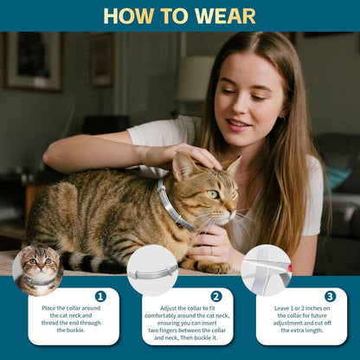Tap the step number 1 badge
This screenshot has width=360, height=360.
100,296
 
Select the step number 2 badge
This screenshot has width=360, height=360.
216,296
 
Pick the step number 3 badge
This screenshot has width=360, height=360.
330,296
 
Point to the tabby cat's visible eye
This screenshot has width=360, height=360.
212,194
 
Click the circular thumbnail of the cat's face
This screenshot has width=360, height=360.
38,269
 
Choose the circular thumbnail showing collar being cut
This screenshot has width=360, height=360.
266,270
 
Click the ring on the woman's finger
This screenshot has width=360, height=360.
210,251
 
